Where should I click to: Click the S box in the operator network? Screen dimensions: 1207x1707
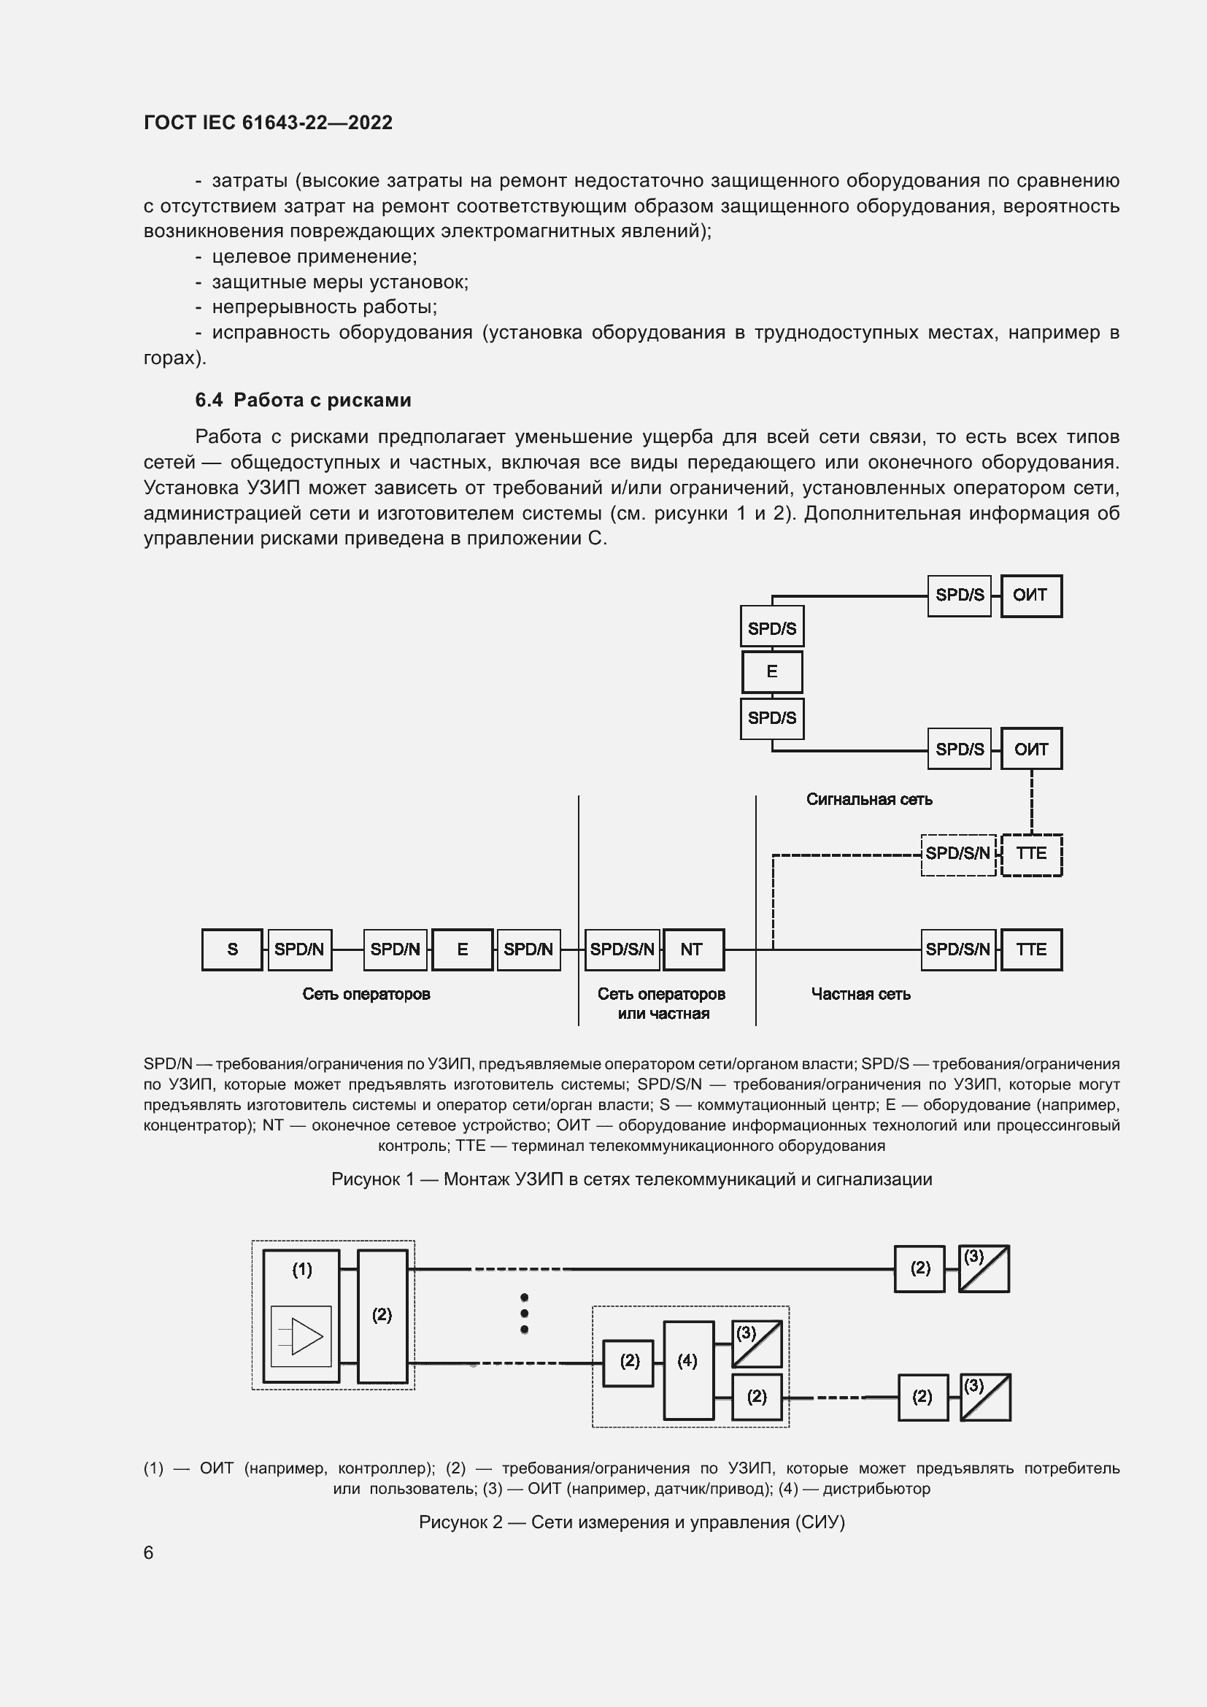[232, 949]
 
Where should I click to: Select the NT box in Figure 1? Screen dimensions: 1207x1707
[693, 949]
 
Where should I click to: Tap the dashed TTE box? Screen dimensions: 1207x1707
[1032, 855]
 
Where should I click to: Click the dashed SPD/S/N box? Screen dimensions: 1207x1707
[958, 855]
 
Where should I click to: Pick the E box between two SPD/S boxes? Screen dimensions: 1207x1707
[772, 672]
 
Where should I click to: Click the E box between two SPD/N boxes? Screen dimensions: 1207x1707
[462, 949]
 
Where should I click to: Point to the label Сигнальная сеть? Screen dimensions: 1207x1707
[869, 799]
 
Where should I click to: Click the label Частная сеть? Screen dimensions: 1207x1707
[860, 994]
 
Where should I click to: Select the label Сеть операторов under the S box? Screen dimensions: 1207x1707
[366, 994]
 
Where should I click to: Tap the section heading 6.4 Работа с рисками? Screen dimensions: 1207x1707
[304, 400]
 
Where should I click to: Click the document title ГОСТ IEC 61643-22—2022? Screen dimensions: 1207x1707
[268, 123]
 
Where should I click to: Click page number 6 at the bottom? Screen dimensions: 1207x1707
[149, 1552]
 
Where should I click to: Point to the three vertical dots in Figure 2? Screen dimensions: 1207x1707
[524, 1314]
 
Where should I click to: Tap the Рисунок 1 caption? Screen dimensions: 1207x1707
[631, 1179]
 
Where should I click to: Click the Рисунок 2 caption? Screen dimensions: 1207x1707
[631, 1522]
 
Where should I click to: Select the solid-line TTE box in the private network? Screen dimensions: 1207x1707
[1032, 949]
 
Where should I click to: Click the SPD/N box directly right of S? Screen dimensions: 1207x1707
[299, 949]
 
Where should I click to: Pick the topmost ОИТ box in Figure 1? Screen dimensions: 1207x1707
[1031, 596]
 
